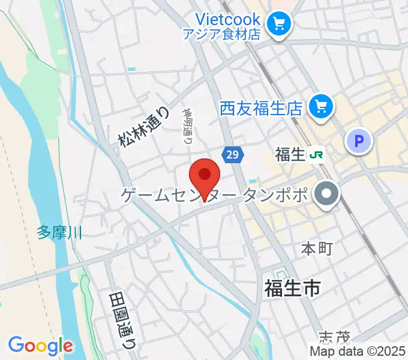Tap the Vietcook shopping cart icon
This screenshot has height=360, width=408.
click(278, 23)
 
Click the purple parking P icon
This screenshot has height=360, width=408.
click(359, 142)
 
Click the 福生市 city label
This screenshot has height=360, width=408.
click(292, 289)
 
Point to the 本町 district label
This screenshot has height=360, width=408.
click(316, 248)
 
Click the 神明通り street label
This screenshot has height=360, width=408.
click(187, 127)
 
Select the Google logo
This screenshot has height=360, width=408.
click(41, 345)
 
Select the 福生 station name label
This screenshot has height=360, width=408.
click(290, 155)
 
